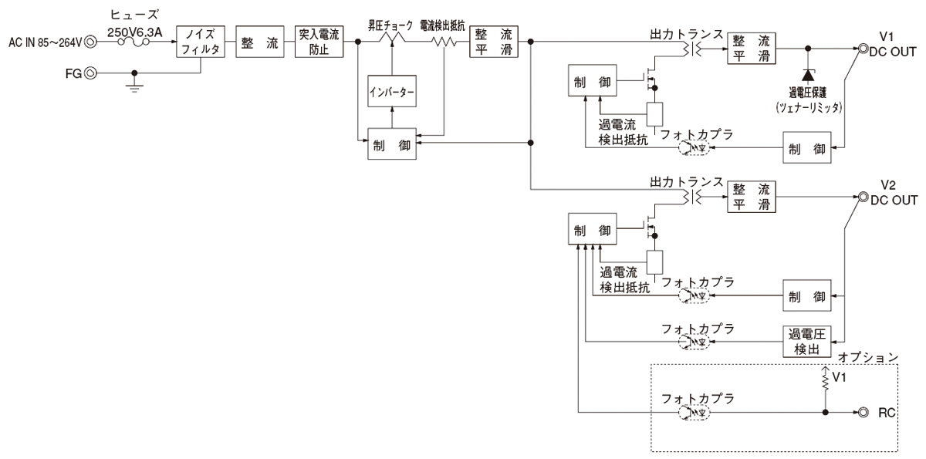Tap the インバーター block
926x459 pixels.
pyautogui.click(x=392, y=93)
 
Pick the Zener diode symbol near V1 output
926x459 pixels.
pyautogui.click(x=808, y=76)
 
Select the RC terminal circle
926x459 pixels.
pyautogui.click(x=860, y=412)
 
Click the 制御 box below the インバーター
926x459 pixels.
pyautogui.click(x=392, y=143)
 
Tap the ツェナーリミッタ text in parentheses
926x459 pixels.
pyautogui.click(x=808, y=109)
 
